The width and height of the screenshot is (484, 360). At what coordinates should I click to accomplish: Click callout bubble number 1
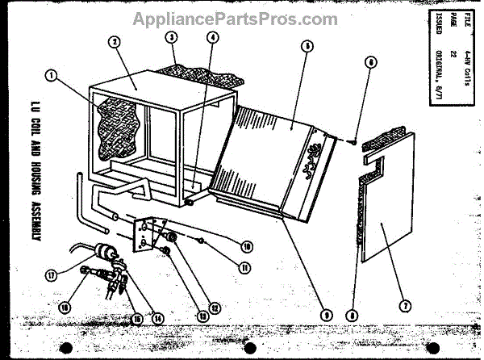pos(53,77)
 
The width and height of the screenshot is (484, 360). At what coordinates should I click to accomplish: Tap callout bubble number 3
pos(171,37)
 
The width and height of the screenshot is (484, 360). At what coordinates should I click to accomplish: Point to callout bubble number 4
pos(211,36)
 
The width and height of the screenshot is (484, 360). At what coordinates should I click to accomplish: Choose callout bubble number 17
pos(52,274)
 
